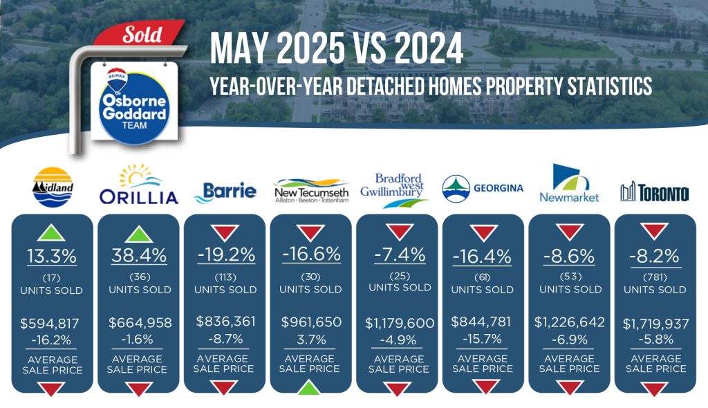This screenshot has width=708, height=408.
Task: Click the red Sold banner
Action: (140, 33)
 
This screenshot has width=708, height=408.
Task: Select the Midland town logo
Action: (53, 187)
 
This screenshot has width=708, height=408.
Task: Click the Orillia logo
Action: (138, 185)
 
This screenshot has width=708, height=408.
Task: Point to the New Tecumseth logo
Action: (311, 191)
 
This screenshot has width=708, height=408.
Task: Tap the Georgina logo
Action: (483, 188)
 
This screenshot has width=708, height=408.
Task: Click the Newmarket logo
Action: (569, 183)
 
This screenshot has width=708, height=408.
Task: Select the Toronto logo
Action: (654, 192)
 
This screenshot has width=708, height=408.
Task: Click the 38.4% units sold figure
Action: (139, 256)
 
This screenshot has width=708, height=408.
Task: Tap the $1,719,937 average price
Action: (655, 324)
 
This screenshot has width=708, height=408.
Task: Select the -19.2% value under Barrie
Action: (226, 255)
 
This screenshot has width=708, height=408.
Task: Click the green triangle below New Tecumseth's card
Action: (310, 387)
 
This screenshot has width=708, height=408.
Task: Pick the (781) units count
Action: (655, 277)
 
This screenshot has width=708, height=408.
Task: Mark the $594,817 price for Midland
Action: (50, 323)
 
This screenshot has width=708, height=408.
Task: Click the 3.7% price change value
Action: (311, 340)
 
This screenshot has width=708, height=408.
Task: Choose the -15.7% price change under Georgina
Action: (482, 338)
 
